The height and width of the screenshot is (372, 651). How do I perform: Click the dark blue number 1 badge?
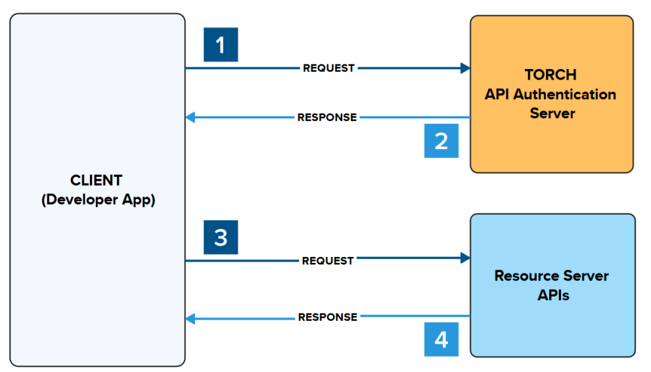221,45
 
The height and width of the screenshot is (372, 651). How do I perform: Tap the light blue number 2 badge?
441,141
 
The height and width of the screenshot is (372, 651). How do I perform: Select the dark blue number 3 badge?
221,237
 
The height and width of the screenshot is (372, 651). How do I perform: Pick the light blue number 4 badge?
441,339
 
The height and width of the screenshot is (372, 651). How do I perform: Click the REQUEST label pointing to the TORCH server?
328,68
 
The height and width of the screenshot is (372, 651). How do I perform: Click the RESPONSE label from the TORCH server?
327,118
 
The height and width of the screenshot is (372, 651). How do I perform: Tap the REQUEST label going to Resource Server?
328,261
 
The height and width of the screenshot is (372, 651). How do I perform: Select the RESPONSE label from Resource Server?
328,317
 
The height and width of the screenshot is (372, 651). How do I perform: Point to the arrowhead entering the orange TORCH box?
466,68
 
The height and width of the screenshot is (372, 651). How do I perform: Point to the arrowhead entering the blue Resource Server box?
466,258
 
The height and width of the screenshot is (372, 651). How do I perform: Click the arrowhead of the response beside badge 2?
191,118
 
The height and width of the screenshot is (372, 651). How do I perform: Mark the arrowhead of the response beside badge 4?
191,319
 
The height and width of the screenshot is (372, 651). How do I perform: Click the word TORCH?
550,74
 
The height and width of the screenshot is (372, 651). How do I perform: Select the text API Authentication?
550,94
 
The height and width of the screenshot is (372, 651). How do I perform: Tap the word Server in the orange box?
552,113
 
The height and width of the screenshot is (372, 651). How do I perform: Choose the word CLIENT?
97,180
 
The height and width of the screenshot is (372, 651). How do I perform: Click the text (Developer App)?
98,200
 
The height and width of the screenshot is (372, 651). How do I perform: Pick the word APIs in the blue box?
553,295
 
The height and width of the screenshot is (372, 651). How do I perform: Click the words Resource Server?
551,275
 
